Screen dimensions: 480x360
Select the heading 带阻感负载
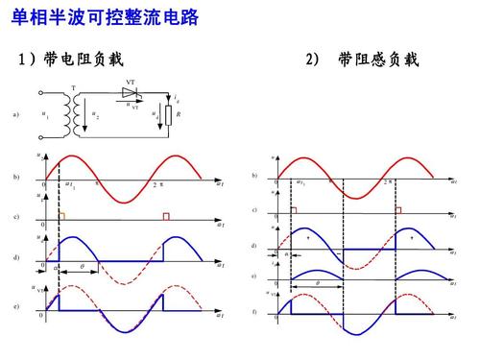coord(378,60)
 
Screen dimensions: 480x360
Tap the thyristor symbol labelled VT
coord(128,93)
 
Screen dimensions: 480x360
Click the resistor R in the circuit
coord(169,116)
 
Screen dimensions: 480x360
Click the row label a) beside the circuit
coord(15,115)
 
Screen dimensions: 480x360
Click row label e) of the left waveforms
coord(15,306)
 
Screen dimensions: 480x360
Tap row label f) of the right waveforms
coord(253,313)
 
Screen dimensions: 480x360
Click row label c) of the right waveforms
coord(253,209)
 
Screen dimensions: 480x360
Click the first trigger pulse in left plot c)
coord(61,217)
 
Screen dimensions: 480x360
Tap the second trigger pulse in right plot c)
coord(398,209)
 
